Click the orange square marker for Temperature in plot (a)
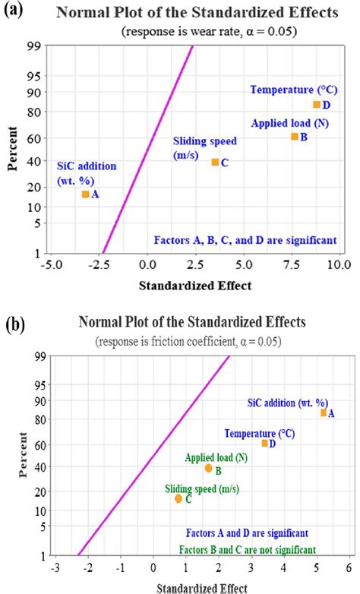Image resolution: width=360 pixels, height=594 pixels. pos(317,105)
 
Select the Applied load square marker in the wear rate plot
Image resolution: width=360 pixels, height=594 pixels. pos(295,137)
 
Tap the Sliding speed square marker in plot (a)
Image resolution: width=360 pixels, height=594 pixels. pos(215,162)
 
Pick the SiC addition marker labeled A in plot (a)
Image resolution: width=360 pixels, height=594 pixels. pos(85,194)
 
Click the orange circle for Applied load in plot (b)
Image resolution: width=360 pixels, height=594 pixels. pos(209,468)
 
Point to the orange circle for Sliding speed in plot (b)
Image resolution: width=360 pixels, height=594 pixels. pos(178,498)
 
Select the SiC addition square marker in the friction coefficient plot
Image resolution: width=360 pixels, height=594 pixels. pos(324,412)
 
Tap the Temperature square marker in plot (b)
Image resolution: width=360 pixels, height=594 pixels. pos(265,443)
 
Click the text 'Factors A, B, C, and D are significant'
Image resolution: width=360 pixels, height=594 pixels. pos(245,239)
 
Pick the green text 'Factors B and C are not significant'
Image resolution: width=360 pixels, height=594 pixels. pos(248,549)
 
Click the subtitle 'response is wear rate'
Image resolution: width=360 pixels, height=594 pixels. pos(191,32)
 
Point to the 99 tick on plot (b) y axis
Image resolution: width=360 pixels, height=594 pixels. pos(39,355)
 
